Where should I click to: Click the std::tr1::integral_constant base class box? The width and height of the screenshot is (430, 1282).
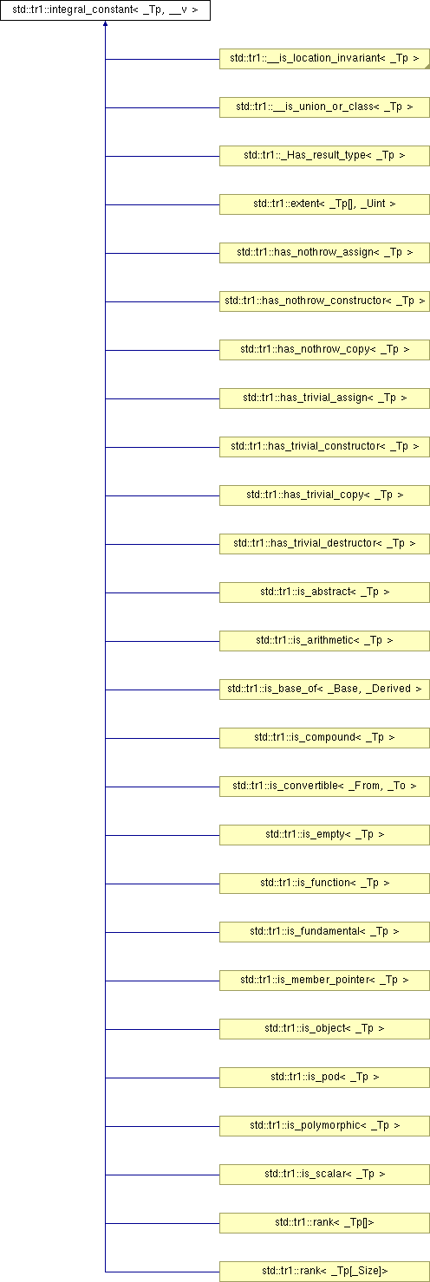(x=106, y=10)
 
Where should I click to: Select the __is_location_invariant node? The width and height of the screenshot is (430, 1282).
(x=324, y=59)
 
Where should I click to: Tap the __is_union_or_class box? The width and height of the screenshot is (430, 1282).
(x=324, y=107)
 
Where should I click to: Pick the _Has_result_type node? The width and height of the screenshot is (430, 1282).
(x=324, y=156)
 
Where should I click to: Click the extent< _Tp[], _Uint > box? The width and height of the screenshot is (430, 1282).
(x=324, y=204)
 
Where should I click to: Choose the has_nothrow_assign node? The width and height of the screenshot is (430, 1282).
(x=324, y=253)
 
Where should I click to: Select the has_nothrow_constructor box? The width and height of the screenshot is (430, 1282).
(x=324, y=301)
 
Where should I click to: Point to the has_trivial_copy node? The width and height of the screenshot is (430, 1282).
(x=324, y=495)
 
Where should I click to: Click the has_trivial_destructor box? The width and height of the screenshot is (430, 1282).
(x=324, y=544)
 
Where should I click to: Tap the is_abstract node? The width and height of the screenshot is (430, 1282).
(x=324, y=592)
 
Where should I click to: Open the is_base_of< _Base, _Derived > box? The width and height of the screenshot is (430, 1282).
(x=324, y=690)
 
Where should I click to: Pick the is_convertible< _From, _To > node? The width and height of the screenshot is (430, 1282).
(x=324, y=787)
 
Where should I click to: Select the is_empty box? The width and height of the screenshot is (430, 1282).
(x=324, y=835)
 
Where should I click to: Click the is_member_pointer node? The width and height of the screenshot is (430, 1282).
(x=324, y=981)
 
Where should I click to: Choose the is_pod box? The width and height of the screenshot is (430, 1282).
(x=324, y=1078)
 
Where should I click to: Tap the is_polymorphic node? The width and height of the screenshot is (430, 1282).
(x=324, y=1126)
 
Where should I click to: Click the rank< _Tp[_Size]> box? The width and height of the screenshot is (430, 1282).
(x=324, y=1271)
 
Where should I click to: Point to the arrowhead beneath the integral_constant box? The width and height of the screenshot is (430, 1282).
(x=106, y=24)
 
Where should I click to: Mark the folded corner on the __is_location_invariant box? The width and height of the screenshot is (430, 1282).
(x=427, y=67)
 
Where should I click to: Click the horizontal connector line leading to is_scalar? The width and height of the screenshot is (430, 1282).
(x=163, y=1175)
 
